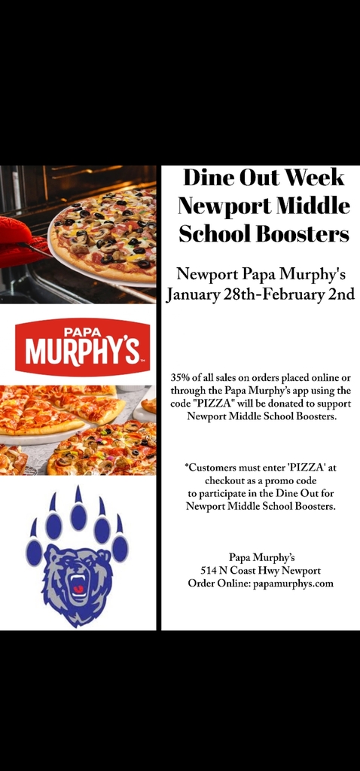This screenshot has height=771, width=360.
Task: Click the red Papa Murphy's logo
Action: point(82,347)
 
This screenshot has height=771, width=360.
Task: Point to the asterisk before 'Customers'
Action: point(188,467)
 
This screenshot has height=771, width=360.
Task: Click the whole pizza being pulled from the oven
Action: point(105,233)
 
